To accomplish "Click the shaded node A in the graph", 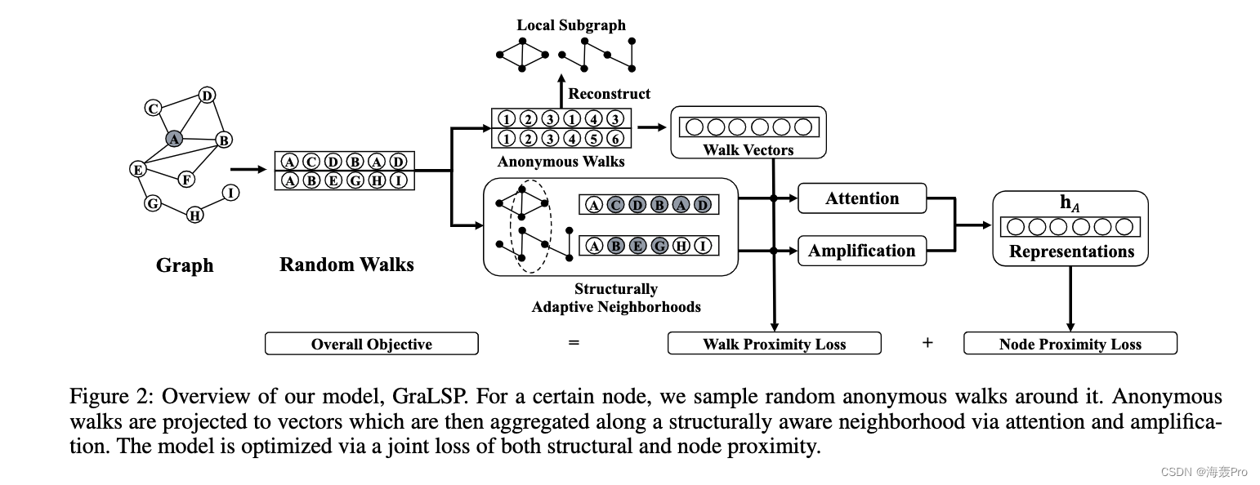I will (x=173, y=139).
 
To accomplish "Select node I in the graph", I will (x=231, y=193).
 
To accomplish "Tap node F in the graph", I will (x=186, y=179).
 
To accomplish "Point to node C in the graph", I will (x=152, y=108).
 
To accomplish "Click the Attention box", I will (x=862, y=198).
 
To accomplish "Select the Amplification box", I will (x=862, y=251).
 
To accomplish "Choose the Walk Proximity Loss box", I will (x=774, y=344).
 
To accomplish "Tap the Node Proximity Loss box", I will (x=1070, y=344).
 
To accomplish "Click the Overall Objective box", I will (x=371, y=344).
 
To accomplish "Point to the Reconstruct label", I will (x=610, y=94).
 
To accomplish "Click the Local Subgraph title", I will (x=571, y=25).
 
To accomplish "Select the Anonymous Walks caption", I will (x=561, y=162).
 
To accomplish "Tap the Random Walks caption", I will (x=346, y=265).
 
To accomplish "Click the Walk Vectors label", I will (x=748, y=150).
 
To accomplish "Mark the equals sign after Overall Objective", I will (x=574, y=343).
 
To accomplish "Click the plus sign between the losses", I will (x=927, y=343).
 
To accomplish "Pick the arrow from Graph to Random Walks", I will (x=248, y=170).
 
